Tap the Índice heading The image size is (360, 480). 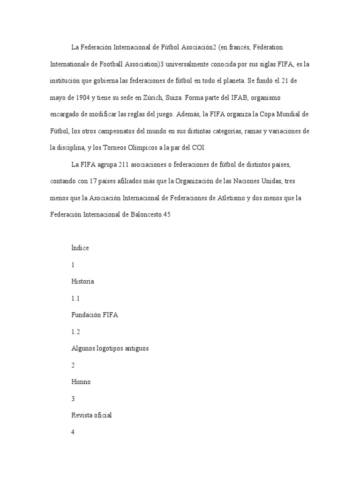80,248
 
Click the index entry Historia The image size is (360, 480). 82,281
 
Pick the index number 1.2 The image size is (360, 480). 75,331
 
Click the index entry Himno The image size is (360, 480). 81,382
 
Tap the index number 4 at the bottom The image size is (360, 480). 73,432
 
